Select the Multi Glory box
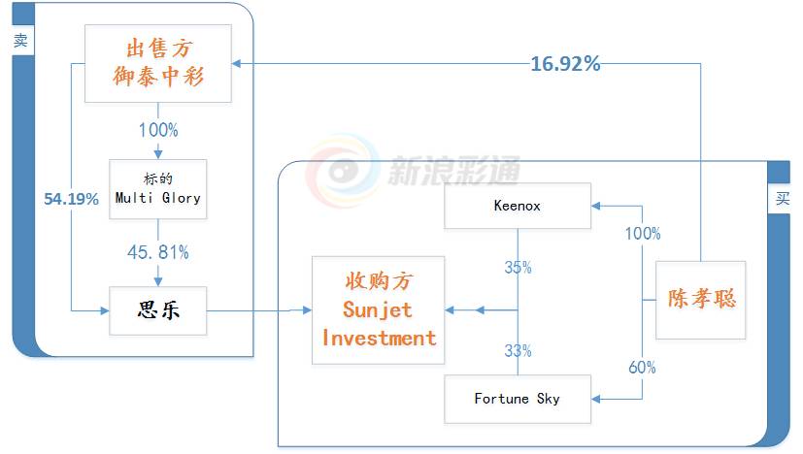pyautogui.click(x=158, y=187)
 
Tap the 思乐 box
pyautogui.click(x=158, y=311)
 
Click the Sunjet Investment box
pyautogui.click(x=378, y=309)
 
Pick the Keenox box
pyautogui.click(x=517, y=206)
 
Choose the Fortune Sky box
pyautogui.click(x=517, y=399)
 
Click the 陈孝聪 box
pyautogui.click(x=700, y=300)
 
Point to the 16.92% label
pyautogui.click(x=564, y=65)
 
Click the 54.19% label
pyautogui.click(x=71, y=199)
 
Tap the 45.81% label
pyautogui.click(x=158, y=252)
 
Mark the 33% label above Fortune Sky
pyautogui.click(x=518, y=350)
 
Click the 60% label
pyautogui.click(x=642, y=368)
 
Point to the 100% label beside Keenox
pyautogui.click(x=642, y=234)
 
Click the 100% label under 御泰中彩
pyautogui.click(x=158, y=130)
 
